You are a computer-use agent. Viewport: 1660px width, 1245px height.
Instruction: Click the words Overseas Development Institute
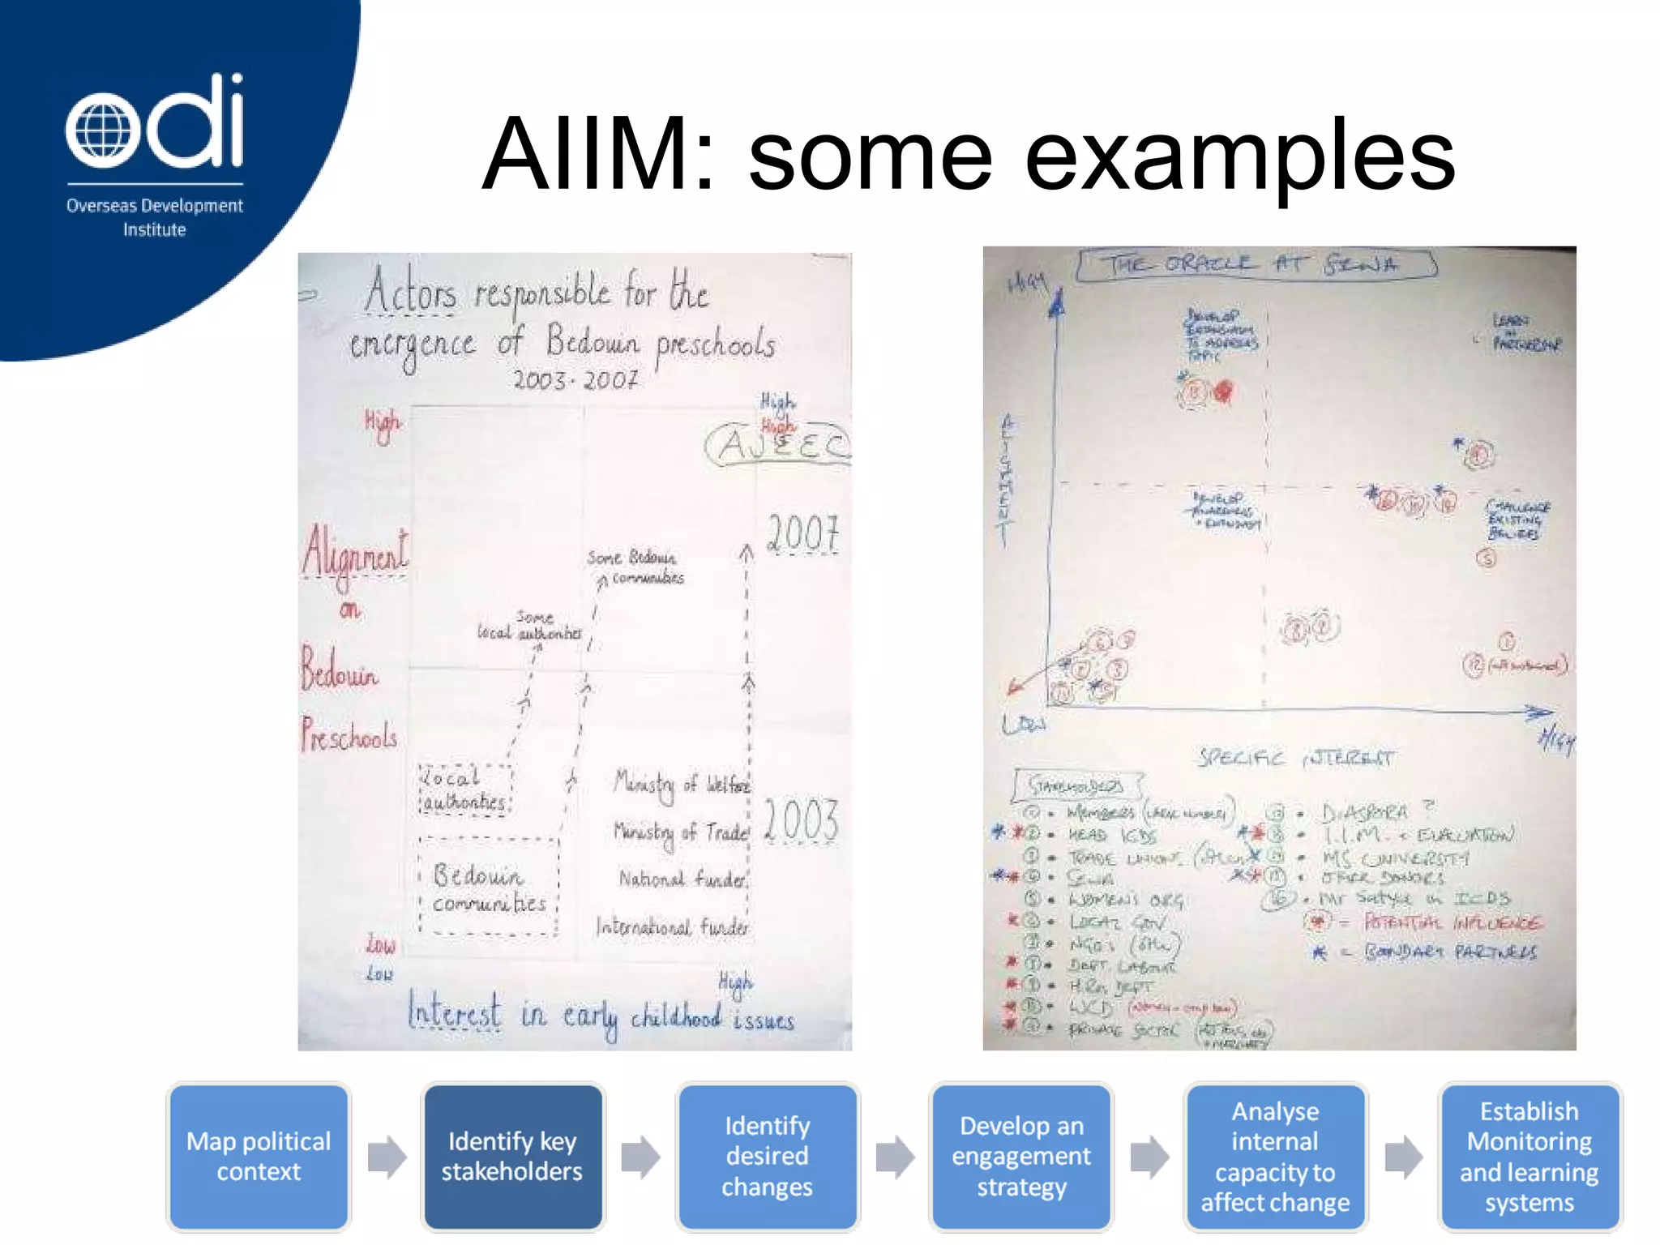[154, 217]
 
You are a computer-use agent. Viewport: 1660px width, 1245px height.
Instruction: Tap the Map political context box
[259, 1157]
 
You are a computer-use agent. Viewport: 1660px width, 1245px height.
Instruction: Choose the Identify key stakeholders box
[512, 1157]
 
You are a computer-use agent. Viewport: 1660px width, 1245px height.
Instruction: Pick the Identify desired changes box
[767, 1157]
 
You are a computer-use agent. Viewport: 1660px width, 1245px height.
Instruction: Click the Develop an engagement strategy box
[1020, 1157]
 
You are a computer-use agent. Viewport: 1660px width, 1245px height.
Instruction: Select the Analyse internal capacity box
[1275, 1157]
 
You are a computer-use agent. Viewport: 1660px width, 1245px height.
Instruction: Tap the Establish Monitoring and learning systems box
[1529, 1157]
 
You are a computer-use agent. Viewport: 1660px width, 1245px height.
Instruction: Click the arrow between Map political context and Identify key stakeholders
[386, 1157]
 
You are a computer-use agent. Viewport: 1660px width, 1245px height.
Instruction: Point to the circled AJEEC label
[778, 445]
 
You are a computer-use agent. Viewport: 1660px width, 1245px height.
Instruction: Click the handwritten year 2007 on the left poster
[802, 534]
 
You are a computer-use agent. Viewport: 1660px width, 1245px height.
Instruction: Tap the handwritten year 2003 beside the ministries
[801, 820]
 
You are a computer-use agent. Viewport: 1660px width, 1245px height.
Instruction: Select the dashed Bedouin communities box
[489, 888]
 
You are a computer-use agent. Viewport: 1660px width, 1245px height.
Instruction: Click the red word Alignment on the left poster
[355, 550]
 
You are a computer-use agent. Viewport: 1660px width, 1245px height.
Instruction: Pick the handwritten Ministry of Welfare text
[681, 785]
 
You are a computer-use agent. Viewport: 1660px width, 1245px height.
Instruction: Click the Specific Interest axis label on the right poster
[1295, 759]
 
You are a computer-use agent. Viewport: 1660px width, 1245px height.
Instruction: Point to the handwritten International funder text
[672, 926]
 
